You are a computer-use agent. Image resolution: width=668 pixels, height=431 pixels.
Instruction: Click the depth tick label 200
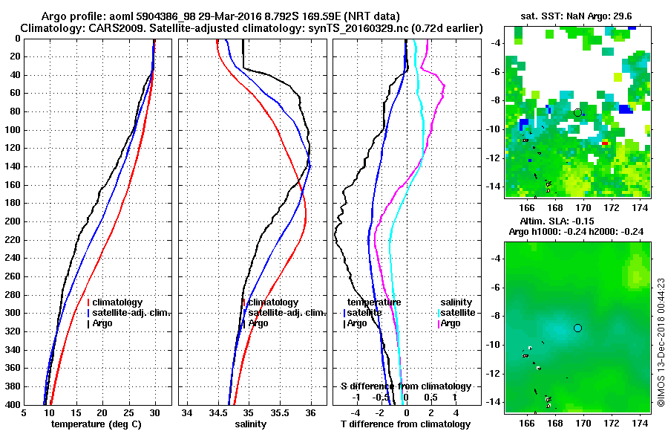[12, 221]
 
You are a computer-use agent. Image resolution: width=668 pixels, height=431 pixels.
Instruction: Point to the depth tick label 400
[12, 405]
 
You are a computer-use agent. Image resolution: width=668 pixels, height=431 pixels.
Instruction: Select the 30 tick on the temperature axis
[155, 413]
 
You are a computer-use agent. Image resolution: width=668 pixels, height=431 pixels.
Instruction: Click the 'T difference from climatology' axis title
[405, 424]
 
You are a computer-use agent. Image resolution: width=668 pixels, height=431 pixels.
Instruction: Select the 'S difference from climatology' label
[405, 386]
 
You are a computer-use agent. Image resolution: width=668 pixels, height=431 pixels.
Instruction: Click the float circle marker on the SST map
[577, 112]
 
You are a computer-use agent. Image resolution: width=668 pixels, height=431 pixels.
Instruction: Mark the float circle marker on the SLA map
[577, 328]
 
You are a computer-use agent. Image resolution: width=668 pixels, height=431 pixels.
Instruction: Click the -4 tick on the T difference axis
[357, 413]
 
